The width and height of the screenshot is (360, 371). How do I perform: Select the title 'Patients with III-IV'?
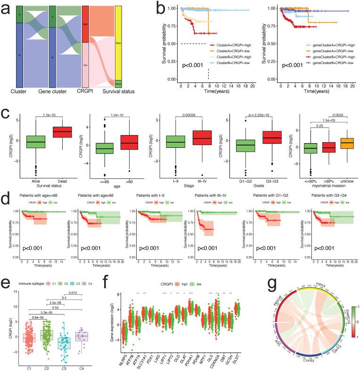click(x=204, y=195)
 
